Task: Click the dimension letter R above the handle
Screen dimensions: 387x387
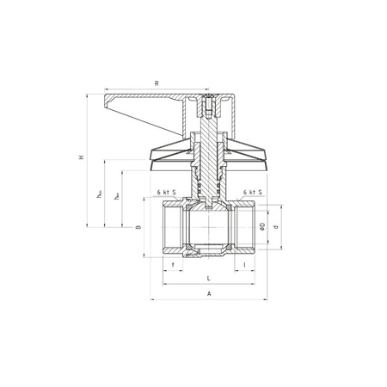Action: click(x=156, y=83)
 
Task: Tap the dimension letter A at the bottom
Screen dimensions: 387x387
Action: click(x=208, y=294)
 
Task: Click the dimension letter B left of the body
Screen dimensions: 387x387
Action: click(x=138, y=227)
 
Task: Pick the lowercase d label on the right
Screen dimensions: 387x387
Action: click(x=276, y=227)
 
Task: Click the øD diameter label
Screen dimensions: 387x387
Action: click(x=262, y=227)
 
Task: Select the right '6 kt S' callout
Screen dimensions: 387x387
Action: click(x=252, y=193)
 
